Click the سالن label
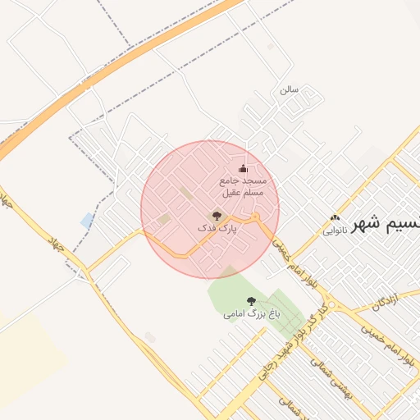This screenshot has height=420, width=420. click(x=288, y=89)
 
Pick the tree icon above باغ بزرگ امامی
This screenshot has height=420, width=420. click(x=251, y=301)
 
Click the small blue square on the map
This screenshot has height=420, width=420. click(x=87, y=220)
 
